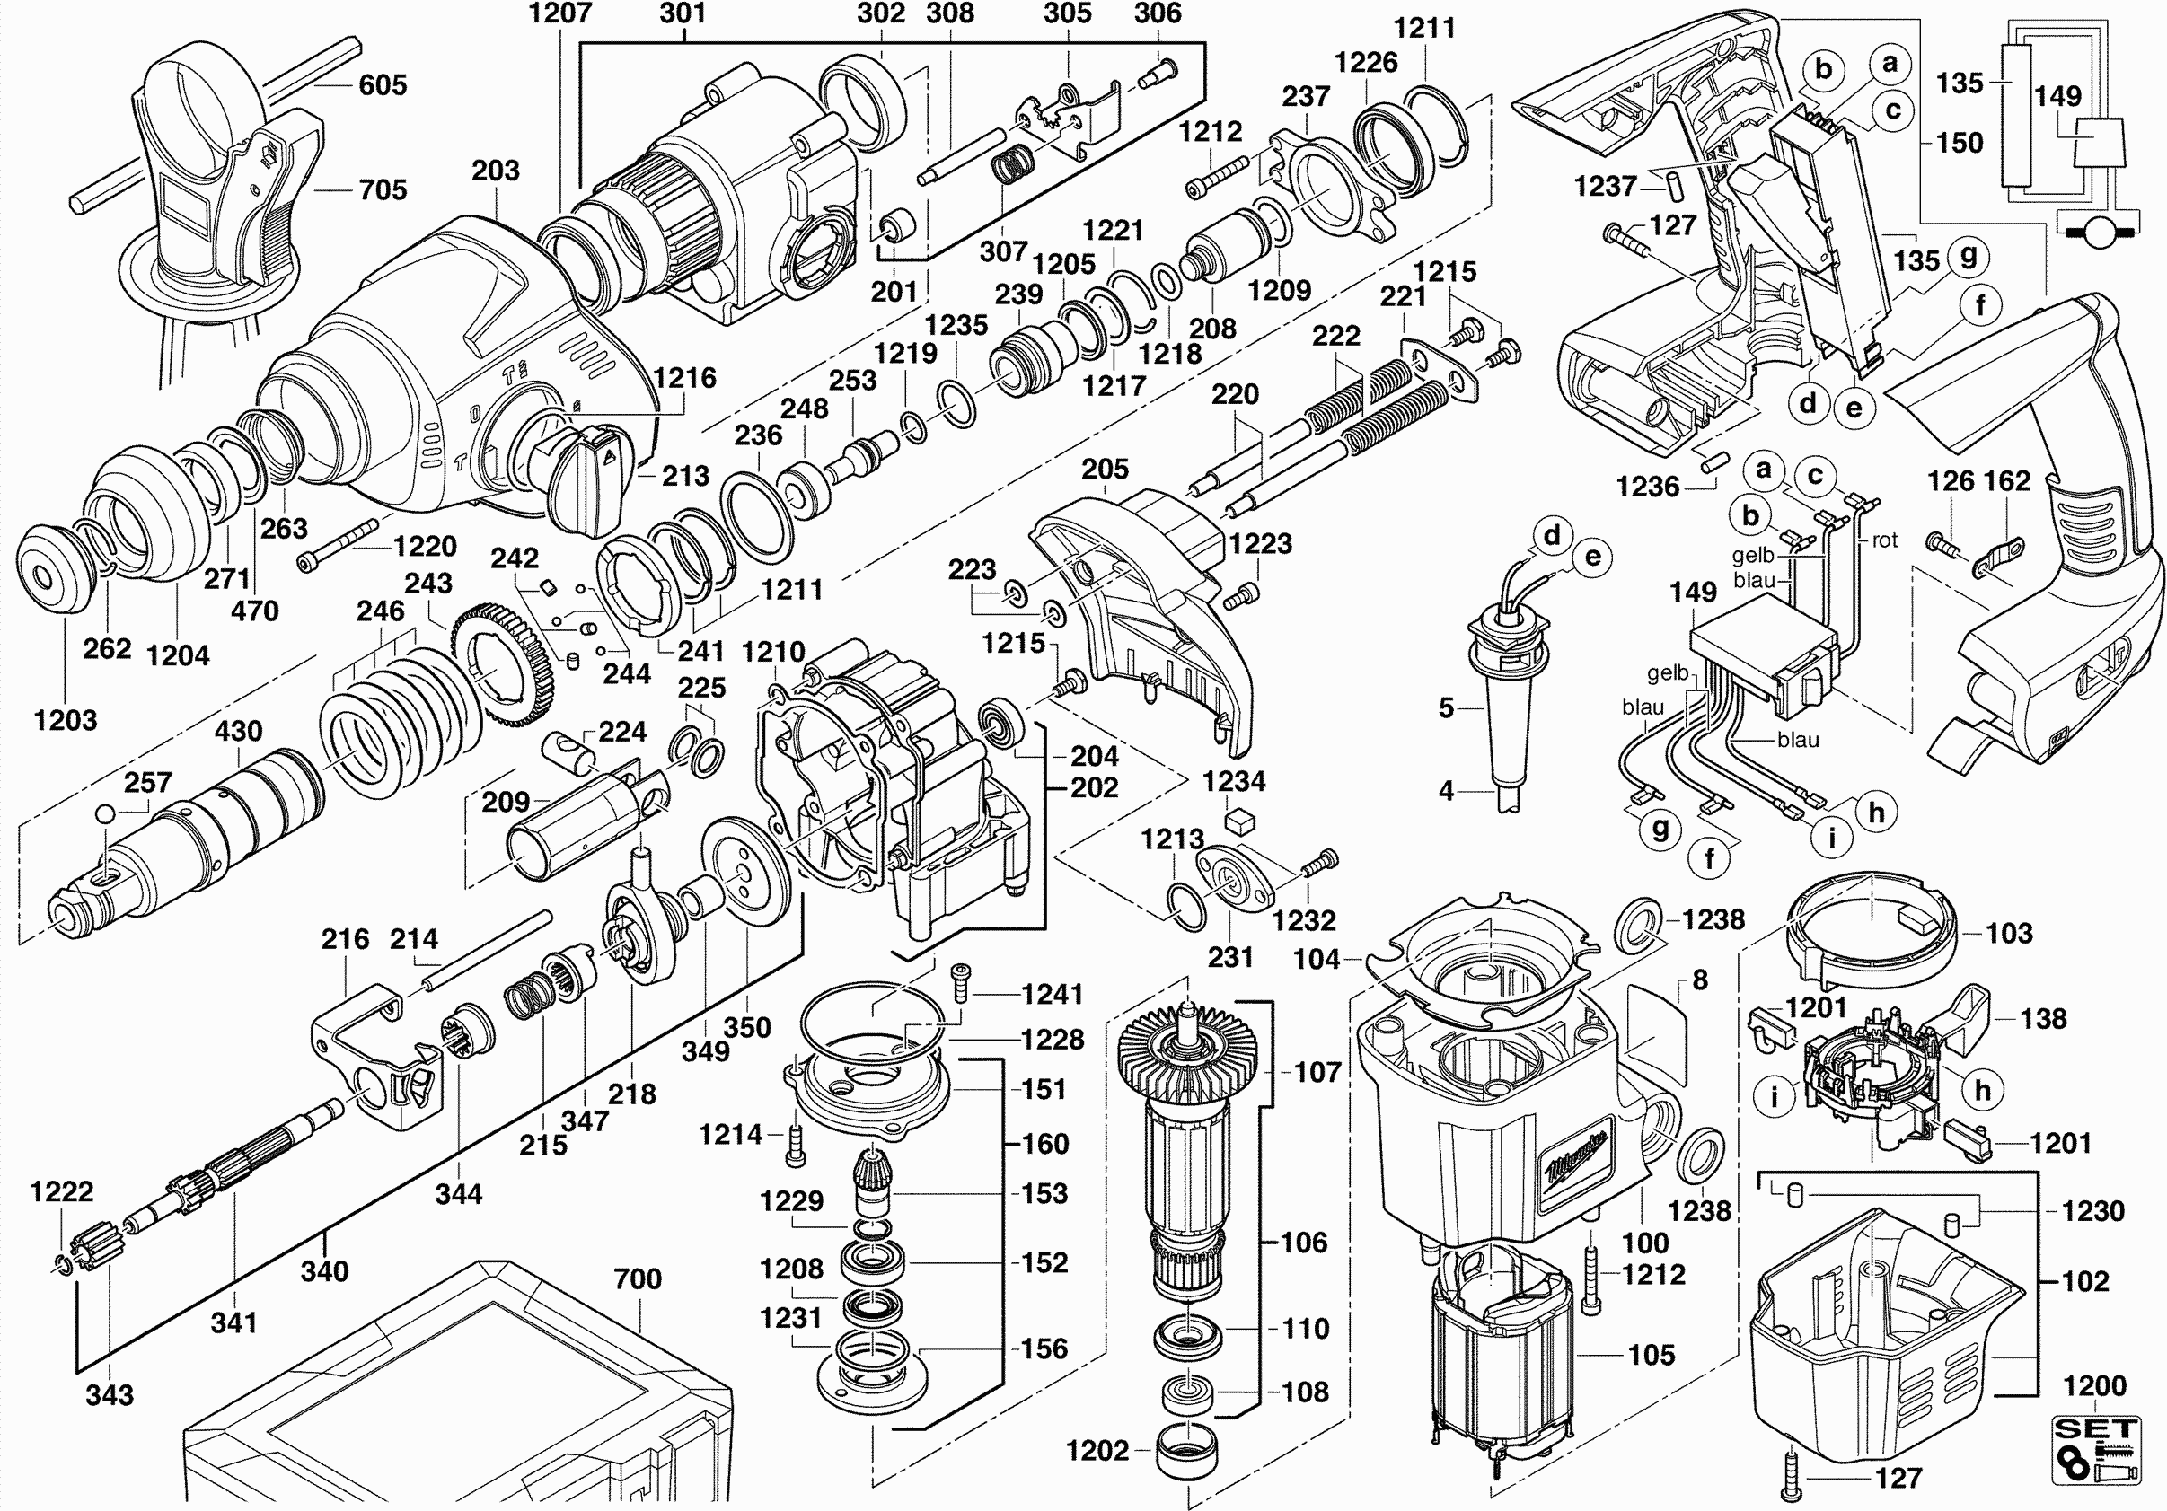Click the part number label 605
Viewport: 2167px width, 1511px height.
(383, 85)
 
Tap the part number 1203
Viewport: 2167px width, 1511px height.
(66, 720)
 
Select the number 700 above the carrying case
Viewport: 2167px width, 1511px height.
(637, 1278)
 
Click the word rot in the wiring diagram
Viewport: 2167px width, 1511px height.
(1884, 540)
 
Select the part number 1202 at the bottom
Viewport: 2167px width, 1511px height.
(1097, 1450)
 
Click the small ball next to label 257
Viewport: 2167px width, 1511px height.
(106, 813)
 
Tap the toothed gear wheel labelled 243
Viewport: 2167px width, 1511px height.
(505, 666)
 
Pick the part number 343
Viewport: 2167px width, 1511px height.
(110, 1394)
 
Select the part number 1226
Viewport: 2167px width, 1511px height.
(1365, 62)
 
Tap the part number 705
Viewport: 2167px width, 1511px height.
(383, 189)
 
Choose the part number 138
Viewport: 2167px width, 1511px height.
(2043, 1018)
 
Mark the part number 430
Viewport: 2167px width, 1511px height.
(238, 731)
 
